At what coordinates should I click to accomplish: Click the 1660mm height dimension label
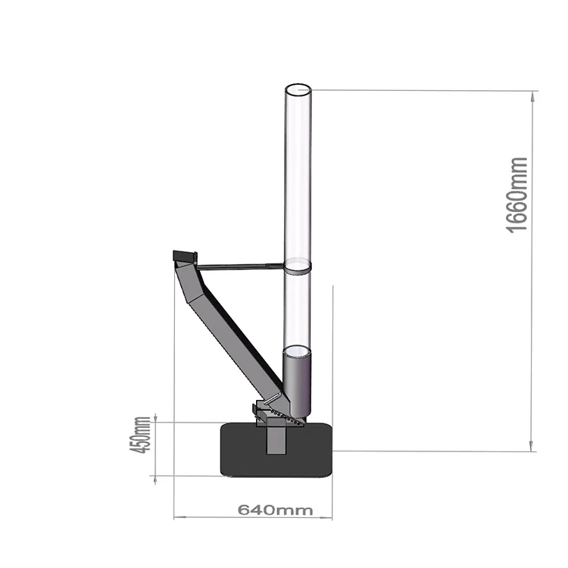coord(517,195)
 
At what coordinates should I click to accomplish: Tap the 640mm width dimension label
coord(275,510)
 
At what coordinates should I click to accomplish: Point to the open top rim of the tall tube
coord(298,90)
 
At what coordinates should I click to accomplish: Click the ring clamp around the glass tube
coord(298,266)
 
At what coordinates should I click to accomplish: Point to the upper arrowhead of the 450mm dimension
coord(155,419)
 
